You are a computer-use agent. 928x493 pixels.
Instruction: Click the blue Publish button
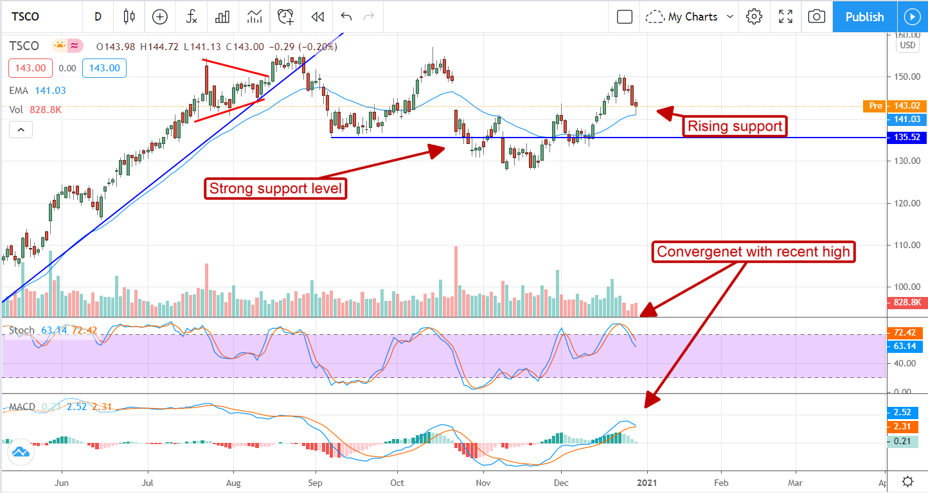864,17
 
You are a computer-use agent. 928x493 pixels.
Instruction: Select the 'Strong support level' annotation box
276,189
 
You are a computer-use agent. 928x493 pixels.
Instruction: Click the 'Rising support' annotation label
735,126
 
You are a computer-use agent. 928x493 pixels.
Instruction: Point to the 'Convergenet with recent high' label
754,251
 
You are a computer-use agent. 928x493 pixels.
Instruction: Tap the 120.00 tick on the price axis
906,203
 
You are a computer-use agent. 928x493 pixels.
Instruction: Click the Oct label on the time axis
397,482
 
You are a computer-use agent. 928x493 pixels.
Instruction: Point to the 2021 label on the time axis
647,482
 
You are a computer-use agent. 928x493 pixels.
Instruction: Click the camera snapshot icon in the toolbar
816,17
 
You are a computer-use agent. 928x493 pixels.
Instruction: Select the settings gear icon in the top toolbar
754,17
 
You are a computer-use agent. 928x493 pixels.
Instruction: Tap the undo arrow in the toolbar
346,17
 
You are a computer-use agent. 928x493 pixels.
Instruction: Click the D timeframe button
98,17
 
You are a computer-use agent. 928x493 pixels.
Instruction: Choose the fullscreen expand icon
785,17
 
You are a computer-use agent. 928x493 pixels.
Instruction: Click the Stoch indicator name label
22,330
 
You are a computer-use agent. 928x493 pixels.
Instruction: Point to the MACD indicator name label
22,407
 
